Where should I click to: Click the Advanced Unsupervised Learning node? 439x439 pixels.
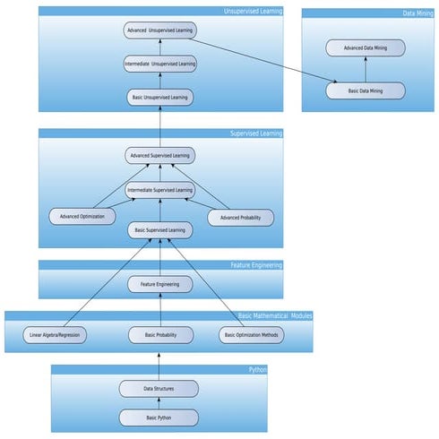pos(159,30)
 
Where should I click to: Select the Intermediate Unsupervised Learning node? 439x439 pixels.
pos(159,64)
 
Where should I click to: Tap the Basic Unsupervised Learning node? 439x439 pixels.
pos(159,97)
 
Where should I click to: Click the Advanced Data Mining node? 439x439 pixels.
pos(365,47)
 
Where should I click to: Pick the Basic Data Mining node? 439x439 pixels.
pos(365,90)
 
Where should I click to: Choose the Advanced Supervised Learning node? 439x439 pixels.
pos(159,156)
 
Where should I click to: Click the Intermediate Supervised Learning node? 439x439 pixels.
pos(159,190)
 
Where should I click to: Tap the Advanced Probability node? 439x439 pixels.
pos(240,217)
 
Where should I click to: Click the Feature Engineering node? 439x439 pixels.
pos(159,284)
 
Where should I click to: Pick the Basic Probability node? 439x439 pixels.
pos(159,336)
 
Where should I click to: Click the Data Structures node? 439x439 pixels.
pos(159,389)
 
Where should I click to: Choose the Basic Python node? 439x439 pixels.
pos(159,417)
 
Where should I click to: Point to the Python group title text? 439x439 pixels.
pos(257,369)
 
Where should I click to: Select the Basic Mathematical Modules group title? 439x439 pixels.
pos(275,316)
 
